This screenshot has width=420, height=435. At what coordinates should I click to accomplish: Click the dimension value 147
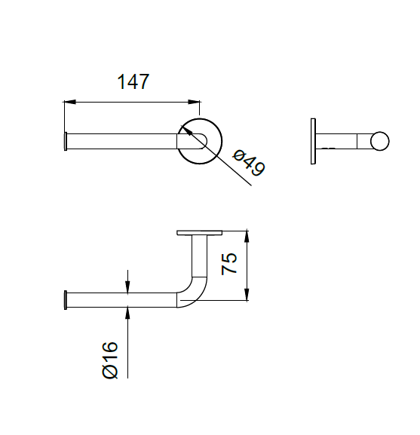(133, 81)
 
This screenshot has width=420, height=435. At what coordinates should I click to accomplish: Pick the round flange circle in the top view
(199, 141)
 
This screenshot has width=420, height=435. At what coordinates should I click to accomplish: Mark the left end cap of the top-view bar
(66, 141)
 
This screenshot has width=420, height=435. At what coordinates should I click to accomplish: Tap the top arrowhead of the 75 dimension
(247, 234)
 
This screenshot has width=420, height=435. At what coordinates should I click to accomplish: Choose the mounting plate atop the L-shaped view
(199, 231)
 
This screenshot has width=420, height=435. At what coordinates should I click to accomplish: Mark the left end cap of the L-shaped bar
(66, 299)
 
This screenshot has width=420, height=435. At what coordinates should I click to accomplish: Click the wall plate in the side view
(313, 141)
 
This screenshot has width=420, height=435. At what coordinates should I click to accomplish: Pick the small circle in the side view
(379, 141)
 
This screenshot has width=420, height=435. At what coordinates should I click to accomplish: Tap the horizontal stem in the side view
(343, 141)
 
